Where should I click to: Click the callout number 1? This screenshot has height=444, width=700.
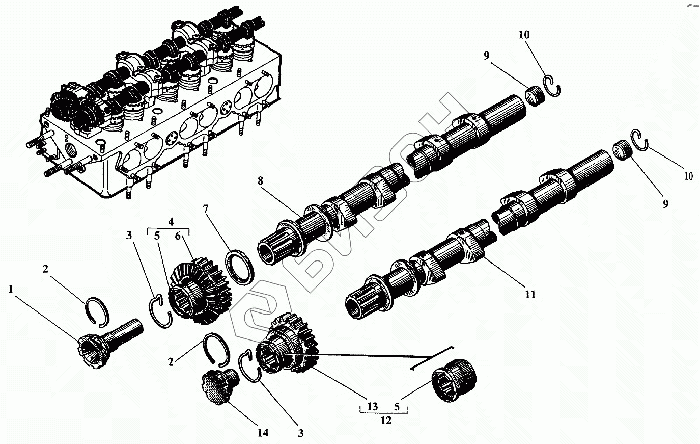pos(11,290)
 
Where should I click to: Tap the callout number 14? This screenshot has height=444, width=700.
pos(262,433)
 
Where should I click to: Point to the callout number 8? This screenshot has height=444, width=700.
pos(261,180)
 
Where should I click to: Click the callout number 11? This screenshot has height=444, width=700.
pos(530,294)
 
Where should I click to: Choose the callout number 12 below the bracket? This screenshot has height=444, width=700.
pos(386,421)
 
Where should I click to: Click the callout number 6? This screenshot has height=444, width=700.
pos(178,236)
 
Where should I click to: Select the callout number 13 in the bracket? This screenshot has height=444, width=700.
pos(372,406)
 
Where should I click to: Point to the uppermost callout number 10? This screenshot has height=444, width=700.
pos(524,35)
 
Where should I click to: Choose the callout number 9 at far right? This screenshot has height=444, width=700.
pos(665,203)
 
